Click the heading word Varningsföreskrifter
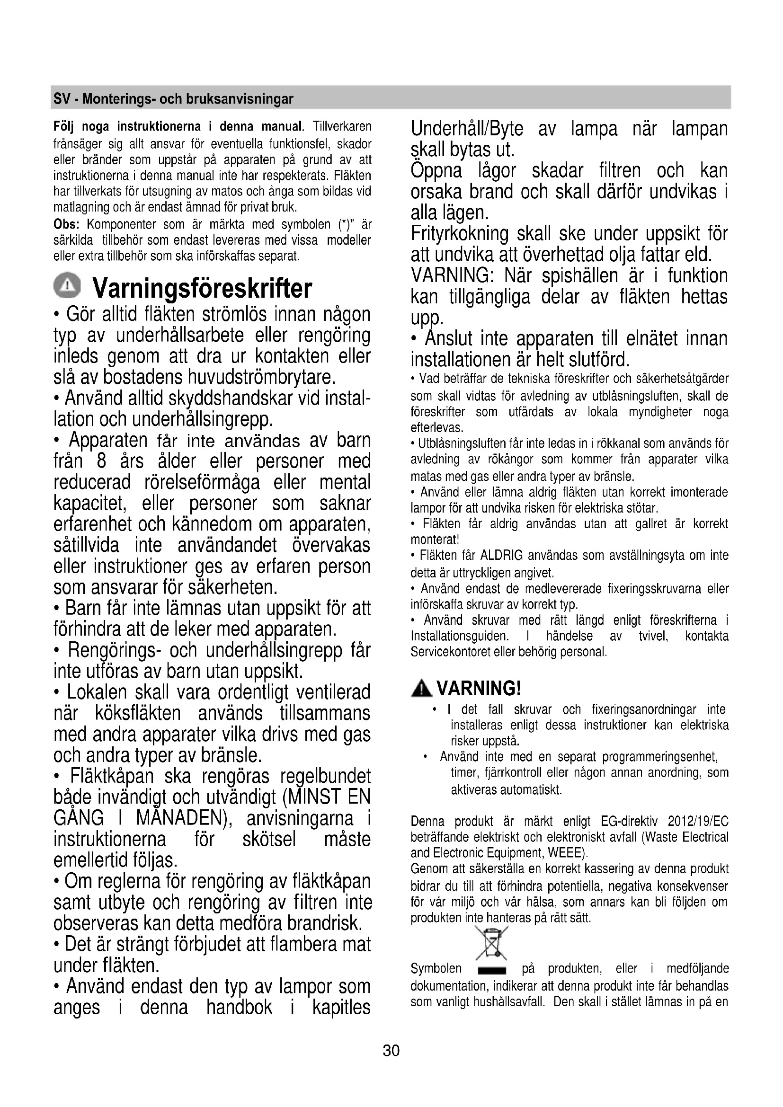[x=202, y=288]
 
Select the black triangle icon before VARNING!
[x=422, y=689]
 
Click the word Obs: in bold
[x=67, y=225]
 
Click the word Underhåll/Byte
[x=467, y=129]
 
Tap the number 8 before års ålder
[x=101, y=461]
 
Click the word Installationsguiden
[x=460, y=637]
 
